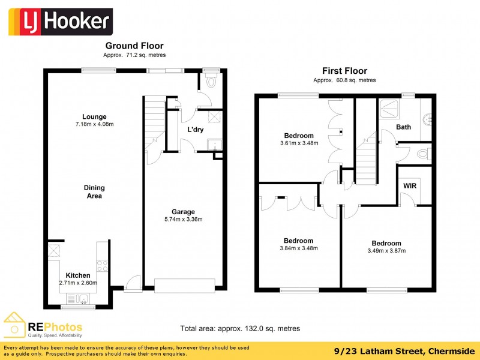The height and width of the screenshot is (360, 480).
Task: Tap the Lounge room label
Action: (94, 116)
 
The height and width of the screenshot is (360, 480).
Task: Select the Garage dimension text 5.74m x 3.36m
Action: (183, 220)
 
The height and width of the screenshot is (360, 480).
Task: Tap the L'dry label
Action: (196, 130)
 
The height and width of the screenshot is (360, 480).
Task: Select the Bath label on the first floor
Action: (403, 127)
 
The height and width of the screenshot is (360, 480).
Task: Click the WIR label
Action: (410, 186)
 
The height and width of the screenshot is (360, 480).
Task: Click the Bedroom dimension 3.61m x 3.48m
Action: (298, 143)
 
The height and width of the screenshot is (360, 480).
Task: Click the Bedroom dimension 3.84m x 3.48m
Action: (298, 248)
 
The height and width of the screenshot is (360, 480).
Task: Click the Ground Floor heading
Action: (134, 46)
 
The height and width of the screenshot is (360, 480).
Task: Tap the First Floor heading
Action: (344, 71)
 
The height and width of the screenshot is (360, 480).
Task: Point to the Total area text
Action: (240, 328)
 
